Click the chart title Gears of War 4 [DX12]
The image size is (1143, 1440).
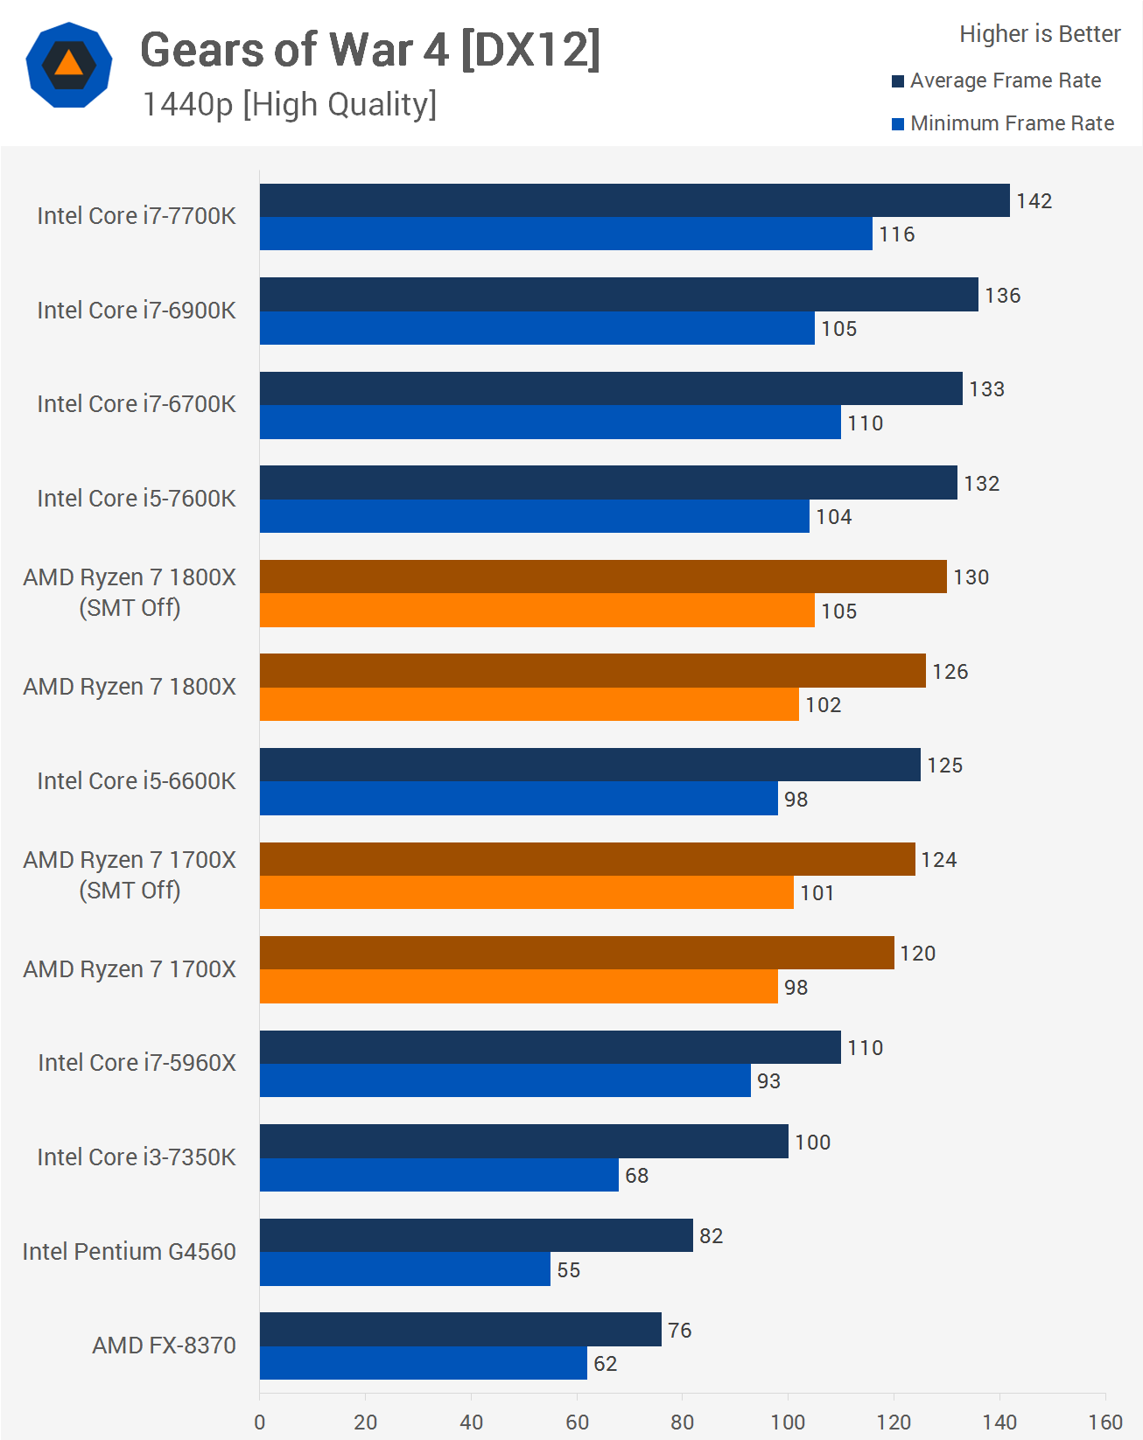tap(370, 50)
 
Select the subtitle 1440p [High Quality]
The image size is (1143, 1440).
tap(289, 104)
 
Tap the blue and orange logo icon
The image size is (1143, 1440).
tap(69, 65)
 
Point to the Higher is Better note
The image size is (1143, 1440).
tap(1040, 34)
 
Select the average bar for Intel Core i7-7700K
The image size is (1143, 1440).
tap(635, 200)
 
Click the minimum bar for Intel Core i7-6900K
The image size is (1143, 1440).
tap(536, 328)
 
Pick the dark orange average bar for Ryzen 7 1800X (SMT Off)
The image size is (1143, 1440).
tap(603, 577)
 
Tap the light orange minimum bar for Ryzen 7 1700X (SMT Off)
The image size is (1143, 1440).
tap(526, 892)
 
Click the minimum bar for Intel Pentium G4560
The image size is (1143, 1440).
tap(405, 1269)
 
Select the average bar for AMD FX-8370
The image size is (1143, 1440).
tap(460, 1330)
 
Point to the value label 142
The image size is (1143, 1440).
tap(1034, 201)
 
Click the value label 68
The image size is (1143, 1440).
tap(636, 1176)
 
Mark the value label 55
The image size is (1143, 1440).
tap(568, 1270)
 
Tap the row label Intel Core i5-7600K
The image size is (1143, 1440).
tap(137, 499)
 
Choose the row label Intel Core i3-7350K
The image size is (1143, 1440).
tap(137, 1157)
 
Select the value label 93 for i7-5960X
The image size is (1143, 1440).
tap(768, 1081)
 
